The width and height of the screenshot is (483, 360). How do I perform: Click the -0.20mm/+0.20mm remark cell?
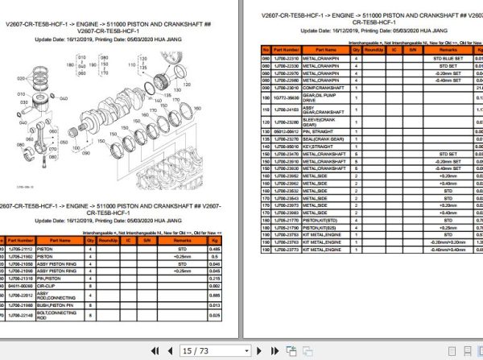pyautogui.click(x=448, y=241)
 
